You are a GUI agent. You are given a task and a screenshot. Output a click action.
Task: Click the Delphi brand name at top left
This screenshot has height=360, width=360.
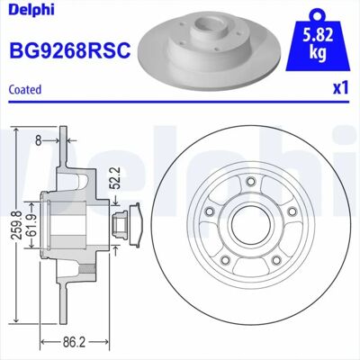pyautogui.click(x=31, y=9)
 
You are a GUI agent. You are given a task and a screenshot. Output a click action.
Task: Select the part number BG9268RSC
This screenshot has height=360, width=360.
pyautogui.click(x=70, y=49)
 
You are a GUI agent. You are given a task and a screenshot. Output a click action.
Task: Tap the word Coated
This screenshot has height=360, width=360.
pyautogui.click(x=25, y=89)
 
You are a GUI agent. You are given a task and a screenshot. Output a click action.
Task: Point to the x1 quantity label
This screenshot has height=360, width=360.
pyautogui.click(x=341, y=88)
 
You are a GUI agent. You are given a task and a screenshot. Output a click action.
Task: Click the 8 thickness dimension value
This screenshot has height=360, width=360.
pyautogui.click(x=38, y=140)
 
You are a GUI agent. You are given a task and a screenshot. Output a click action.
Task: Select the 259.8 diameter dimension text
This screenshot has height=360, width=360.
pyautogui.click(x=18, y=225)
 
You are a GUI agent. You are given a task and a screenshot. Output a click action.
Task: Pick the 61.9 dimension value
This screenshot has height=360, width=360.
pyautogui.click(x=33, y=225)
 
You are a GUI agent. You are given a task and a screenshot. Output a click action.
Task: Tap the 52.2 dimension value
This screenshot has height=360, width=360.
pyautogui.click(x=115, y=177)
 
